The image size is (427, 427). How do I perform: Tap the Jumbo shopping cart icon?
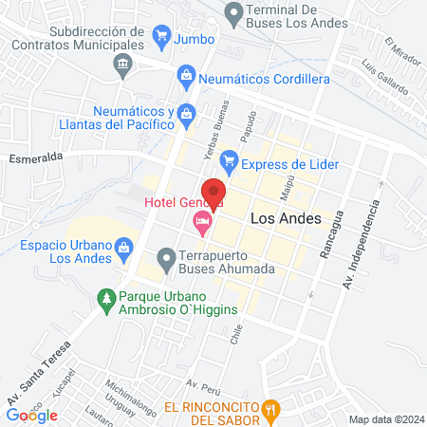[x=160, y=39]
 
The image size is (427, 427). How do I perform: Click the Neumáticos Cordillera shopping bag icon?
[x=186, y=75]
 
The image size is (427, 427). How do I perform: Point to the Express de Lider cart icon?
[x=228, y=162]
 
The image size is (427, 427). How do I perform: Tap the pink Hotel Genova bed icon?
[x=201, y=224]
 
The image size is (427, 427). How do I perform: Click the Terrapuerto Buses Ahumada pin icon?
[x=166, y=257]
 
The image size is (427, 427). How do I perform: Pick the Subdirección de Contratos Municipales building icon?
[x=122, y=65]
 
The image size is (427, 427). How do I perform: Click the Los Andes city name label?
[x=284, y=217]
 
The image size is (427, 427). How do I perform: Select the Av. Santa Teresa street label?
[x=43, y=376]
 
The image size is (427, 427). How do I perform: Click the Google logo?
[x=32, y=415]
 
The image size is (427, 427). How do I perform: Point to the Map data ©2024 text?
[x=385, y=419]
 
